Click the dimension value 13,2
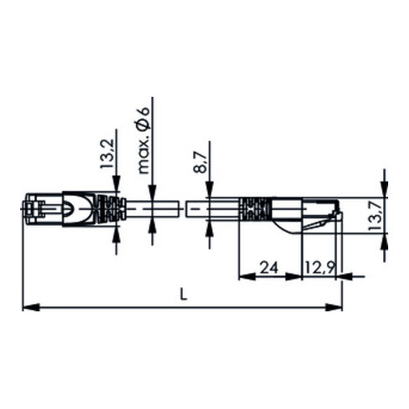pyautogui.click(x=108, y=154)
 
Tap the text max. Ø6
pyautogui.click(x=144, y=140)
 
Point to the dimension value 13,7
pyautogui.click(x=374, y=215)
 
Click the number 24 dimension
pyautogui.click(x=269, y=268)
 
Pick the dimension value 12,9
pyautogui.click(x=320, y=268)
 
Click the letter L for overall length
pyautogui.click(x=183, y=294)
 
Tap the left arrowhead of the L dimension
pyautogui.click(x=31, y=307)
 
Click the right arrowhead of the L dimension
pyautogui.click(x=334, y=307)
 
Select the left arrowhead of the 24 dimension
pyautogui.click(x=247, y=276)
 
